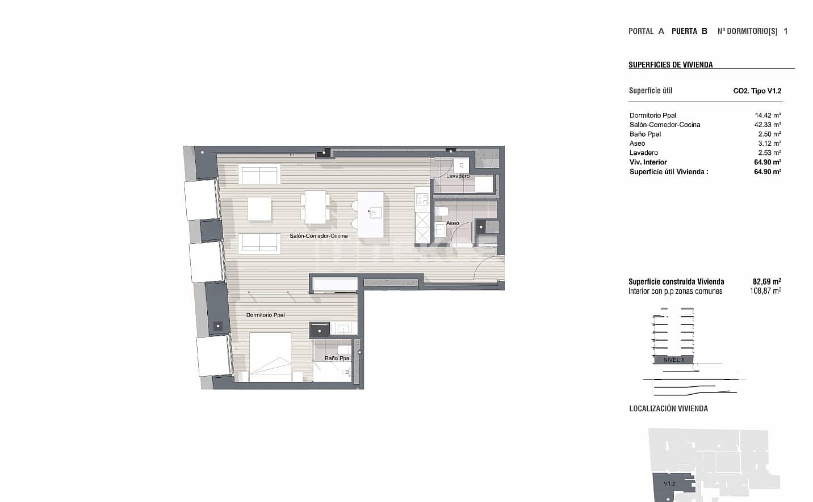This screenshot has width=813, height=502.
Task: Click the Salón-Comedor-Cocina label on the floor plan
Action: point(318,235)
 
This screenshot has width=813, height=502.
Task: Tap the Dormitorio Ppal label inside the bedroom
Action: point(265,315)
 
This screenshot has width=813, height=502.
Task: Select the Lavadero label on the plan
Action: point(458,176)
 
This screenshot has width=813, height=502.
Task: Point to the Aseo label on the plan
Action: point(452,223)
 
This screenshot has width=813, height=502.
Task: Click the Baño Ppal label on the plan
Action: point(337,358)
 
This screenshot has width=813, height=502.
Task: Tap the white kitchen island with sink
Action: point(370,214)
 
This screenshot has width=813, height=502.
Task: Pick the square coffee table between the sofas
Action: point(259,209)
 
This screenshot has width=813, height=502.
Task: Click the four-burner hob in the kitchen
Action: point(422,200)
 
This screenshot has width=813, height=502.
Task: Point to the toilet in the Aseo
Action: point(442,212)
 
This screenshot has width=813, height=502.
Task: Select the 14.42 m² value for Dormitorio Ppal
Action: point(768,115)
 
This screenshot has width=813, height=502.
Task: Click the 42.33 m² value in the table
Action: point(768,125)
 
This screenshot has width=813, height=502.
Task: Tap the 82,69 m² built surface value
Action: point(766,281)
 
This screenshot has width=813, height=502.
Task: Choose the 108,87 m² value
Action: point(765,291)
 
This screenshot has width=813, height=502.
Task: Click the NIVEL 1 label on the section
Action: point(673,360)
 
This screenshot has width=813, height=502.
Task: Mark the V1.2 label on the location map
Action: point(669,483)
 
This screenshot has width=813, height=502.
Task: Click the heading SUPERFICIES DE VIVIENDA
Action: point(670,65)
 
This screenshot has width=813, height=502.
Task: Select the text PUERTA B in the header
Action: point(689,31)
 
